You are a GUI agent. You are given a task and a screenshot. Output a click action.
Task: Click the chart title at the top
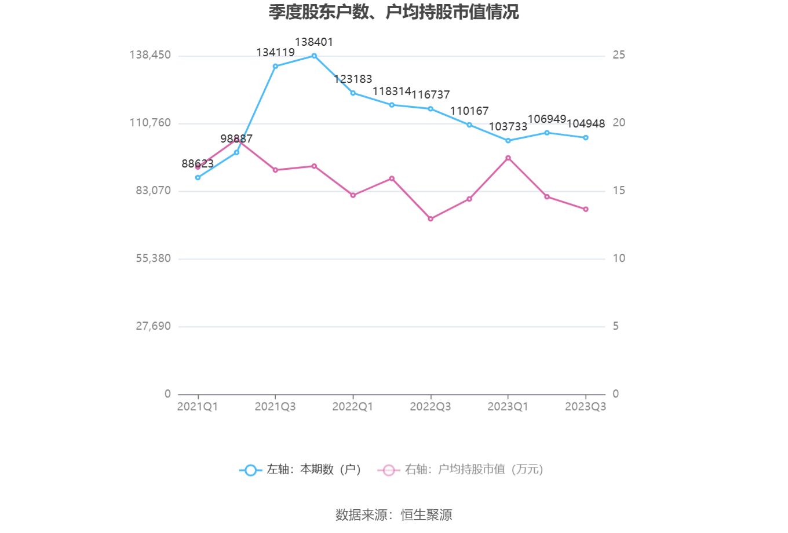[x=393, y=12]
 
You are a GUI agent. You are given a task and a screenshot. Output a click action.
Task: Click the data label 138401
[x=314, y=42]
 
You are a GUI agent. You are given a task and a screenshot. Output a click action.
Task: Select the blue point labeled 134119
[x=275, y=66]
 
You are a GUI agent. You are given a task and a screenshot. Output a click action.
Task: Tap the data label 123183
[x=353, y=79]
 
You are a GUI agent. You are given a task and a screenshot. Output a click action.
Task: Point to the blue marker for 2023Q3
[x=586, y=138]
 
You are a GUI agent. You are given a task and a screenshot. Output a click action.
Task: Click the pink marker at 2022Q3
[x=431, y=218]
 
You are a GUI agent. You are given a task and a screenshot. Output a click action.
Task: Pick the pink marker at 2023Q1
[x=508, y=158]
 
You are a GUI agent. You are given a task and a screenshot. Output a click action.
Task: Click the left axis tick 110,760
[x=150, y=123]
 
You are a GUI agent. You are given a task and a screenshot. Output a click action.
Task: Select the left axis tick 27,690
[x=154, y=326]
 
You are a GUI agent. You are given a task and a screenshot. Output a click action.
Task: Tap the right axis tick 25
[x=619, y=55]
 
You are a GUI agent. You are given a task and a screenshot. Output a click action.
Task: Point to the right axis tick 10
[x=619, y=258]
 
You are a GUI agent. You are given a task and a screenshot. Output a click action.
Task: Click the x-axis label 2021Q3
[x=275, y=407]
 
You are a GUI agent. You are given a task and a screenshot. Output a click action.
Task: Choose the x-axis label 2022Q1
[x=353, y=407]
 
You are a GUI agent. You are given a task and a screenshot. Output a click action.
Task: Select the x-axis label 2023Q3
[x=586, y=407]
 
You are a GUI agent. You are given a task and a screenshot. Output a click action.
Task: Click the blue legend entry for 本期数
[x=301, y=470]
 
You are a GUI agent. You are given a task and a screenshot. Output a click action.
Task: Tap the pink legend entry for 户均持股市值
[x=461, y=470]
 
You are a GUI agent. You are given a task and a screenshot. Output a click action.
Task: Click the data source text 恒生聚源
[x=426, y=515]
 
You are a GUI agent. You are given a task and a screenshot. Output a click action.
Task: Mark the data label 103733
[x=508, y=127]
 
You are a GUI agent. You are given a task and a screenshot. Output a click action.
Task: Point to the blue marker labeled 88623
[x=198, y=177]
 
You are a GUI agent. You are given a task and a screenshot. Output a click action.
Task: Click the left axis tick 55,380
[x=154, y=258]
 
